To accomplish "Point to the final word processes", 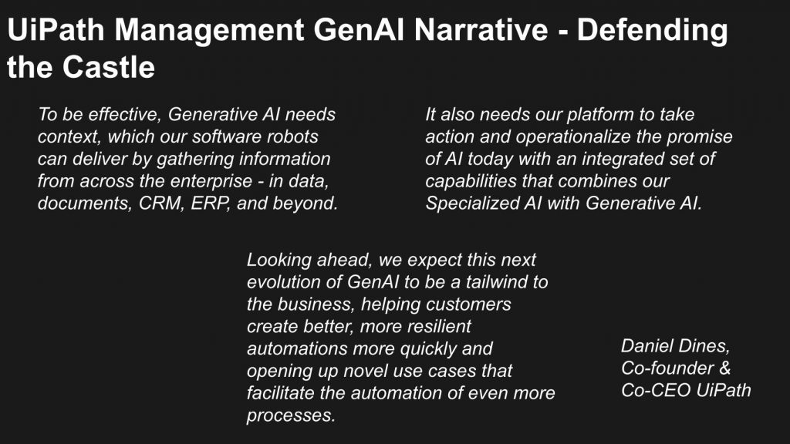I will click(291, 415).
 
